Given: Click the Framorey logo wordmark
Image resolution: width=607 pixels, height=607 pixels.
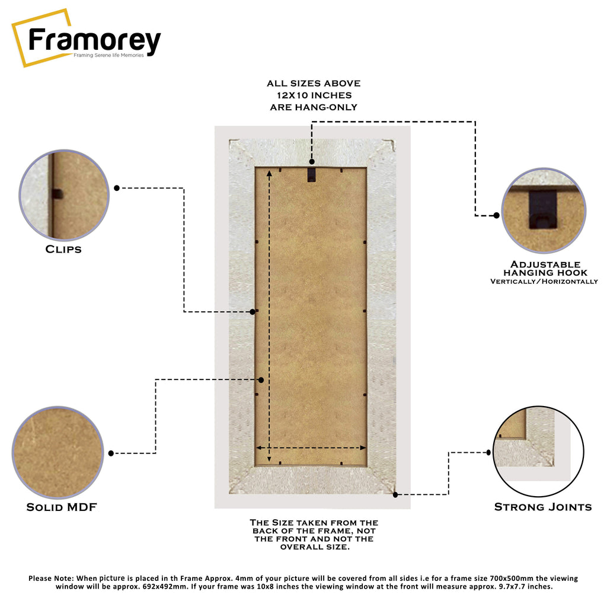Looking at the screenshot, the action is pyautogui.click(x=94, y=41).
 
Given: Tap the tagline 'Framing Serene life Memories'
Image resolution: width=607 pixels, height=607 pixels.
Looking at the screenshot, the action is pyautogui.click(x=108, y=55).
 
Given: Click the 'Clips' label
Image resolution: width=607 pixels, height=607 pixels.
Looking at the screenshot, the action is pyautogui.click(x=63, y=249).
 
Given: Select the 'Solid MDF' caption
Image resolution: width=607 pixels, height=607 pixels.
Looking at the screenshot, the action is pyautogui.click(x=62, y=507).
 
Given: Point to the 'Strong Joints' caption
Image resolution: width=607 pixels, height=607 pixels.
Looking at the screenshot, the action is pyautogui.click(x=543, y=507).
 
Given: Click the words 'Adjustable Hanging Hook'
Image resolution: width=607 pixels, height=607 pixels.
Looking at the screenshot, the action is pyautogui.click(x=545, y=269).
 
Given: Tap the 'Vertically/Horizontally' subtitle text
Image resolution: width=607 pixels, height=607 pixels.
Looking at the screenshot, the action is pyautogui.click(x=544, y=282).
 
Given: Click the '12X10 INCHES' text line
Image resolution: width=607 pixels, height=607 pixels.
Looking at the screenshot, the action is pyautogui.click(x=314, y=95).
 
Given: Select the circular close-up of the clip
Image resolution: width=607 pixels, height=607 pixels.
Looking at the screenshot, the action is pyautogui.click(x=64, y=195).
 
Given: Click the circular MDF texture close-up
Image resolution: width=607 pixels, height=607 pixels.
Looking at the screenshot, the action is pyautogui.click(x=58, y=452).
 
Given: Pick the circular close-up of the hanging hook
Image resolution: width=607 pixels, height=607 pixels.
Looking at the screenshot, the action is pyautogui.click(x=544, y=210).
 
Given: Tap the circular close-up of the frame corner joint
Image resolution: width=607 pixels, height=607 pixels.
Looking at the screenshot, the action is pyautogui.click(x=538, y=451).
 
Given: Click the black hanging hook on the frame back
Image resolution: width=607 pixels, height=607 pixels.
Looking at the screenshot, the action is pyautogui.click(x=312, y=174).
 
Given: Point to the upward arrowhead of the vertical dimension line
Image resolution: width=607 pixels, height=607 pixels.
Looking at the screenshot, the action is pyautogui.click(x=270, y=174).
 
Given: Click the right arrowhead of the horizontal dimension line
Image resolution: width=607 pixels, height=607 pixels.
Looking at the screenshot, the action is pyautogui.click(x=363, y=448).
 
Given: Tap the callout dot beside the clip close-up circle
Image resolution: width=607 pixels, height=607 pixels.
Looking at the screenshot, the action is pyautogui.click(x=117, y=188).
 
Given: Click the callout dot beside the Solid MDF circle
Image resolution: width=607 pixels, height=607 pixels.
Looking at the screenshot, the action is pyautogui.click(x=111, y=453).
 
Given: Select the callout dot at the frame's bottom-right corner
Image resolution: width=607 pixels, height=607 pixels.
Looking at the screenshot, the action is pyautogui.click(x=395, y=495).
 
